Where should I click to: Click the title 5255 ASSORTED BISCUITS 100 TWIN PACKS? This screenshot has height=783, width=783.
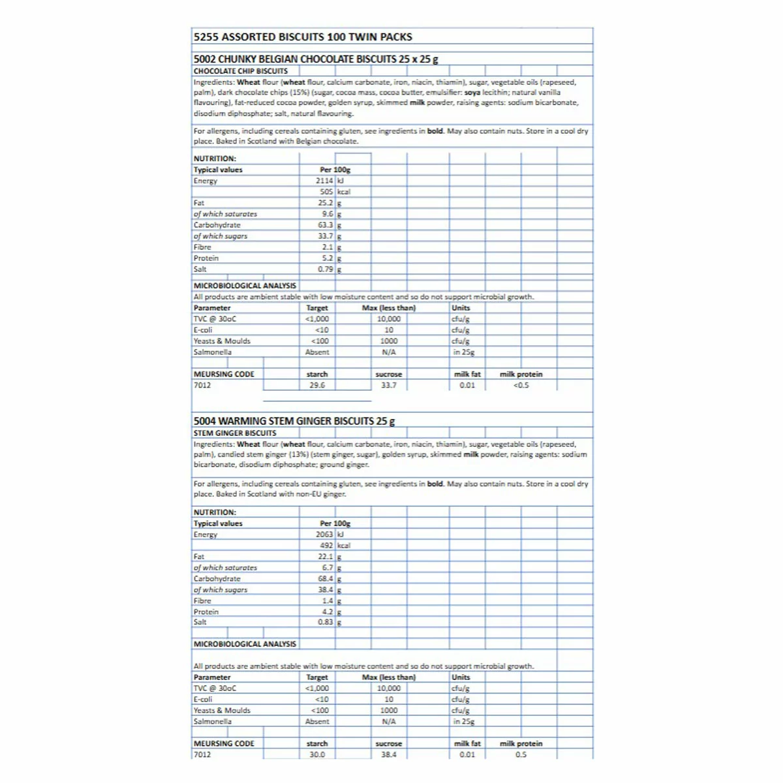coord(303,37)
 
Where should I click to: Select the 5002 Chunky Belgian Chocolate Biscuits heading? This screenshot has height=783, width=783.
coord(316,59)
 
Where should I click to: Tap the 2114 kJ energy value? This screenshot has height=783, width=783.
coord(324,181)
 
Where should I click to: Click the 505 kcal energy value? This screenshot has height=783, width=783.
coord(326,192)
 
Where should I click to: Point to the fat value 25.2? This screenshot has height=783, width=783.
coord(326,203)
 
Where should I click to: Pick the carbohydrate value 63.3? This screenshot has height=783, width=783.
coord(326,225)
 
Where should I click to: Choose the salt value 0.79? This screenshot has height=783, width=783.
coord(326,269)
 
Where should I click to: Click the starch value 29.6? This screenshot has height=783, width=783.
coord(317,385)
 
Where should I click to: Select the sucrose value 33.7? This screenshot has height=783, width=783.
coord(389,385)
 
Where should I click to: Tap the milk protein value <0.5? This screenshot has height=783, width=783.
coord(521,385)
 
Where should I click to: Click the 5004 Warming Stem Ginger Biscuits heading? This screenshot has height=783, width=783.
coord(294,421)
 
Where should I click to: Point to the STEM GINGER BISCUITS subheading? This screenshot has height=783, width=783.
coord(235,433)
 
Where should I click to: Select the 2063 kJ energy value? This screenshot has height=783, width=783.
coord(324,534)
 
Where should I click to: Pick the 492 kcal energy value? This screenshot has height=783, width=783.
coord(326,545)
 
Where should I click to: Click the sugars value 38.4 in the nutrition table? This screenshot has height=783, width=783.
coord(326,590)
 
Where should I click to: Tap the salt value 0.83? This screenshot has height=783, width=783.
coord(326,622)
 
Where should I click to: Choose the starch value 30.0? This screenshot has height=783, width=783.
coord(317,754)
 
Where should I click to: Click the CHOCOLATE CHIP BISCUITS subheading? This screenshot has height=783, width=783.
coord(241,71)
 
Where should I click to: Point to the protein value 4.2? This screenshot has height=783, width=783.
coord(328,612)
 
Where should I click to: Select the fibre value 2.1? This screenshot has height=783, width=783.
coord(328,247)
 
